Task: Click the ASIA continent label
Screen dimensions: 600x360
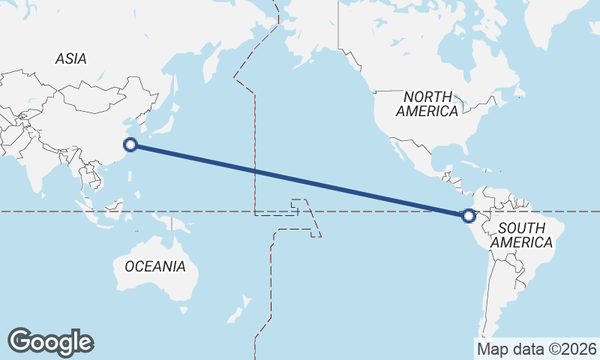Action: [x=70, y=58]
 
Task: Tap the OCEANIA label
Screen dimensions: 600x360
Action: [x=155, y=265]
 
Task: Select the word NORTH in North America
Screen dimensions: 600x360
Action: [x=428, y=97]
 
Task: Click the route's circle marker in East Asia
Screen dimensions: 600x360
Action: [x=130, y=145]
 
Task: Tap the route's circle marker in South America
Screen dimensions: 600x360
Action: [x=469, y=216]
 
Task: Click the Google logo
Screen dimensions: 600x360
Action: [x=50, y=341]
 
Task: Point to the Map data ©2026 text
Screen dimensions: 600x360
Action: [x=537, y=348]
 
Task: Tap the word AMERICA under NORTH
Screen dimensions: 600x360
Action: [x=427, y=111]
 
